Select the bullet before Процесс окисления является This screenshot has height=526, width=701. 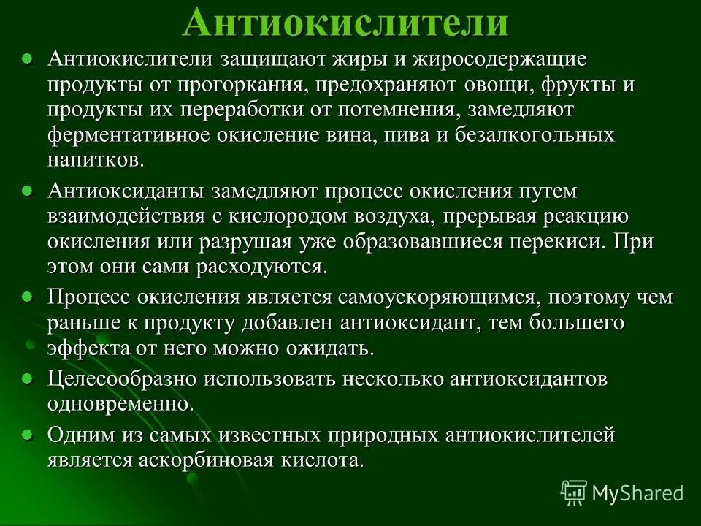point(27,297)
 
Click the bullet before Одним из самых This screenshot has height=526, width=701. point(27,435)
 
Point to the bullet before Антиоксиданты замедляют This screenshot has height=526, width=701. point(27,190)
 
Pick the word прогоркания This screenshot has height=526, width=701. point(242,85)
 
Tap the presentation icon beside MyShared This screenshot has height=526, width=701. point(573,493)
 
